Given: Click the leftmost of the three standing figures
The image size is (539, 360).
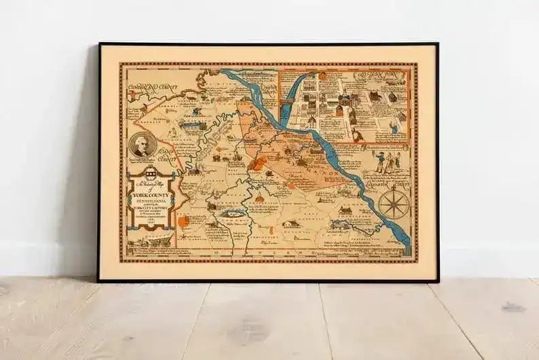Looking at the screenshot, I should (x=379, y=161).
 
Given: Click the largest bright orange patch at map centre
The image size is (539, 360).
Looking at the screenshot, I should (x=259, y=163).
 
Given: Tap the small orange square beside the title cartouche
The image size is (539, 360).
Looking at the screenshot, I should (x=183, y=221).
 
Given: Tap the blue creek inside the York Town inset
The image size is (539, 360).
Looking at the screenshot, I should (x=295, y=88).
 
